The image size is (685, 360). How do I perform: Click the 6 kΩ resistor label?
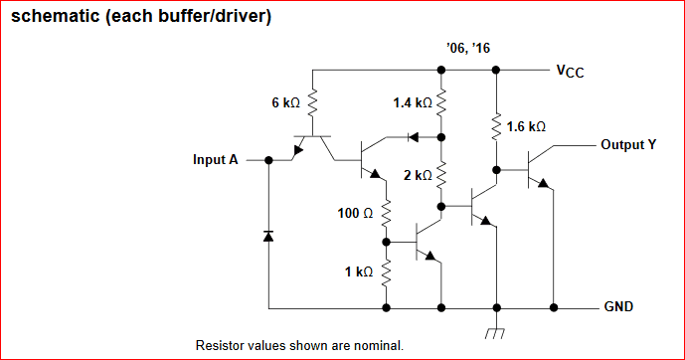[x=285, y=102]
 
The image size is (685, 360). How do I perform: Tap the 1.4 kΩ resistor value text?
[x=413, y=102]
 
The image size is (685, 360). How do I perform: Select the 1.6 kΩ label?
[x=526, y=126]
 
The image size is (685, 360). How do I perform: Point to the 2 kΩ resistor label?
[x=418, y=175]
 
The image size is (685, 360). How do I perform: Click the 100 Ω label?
[x=355, y=213]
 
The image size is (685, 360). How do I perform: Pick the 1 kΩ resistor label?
[x=359, y=271]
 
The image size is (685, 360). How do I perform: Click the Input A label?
[x=216, y=160]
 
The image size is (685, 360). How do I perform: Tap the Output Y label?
[x=628, y=144]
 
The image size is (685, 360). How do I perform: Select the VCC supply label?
[x=570, y=72]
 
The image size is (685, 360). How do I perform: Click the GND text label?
[x=618, y=306]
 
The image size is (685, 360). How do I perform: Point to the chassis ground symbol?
[x=495, y=333]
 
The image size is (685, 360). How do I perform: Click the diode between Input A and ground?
[x=268, y=237]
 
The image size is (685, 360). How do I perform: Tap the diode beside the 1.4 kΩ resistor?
[x=413, y=137]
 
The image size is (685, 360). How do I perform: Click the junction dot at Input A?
[x=268, y=160]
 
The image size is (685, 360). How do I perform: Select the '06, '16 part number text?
[x=468, y=48]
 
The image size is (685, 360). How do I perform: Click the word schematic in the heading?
[x=55, y=16]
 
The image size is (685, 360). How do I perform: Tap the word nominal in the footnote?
[x=379, y=346]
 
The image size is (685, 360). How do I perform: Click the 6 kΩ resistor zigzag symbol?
[x=312, y=103]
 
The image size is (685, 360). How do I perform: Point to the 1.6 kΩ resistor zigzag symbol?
[x=496, y=127]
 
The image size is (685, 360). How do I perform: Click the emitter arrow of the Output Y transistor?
[x=543, y=183]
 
